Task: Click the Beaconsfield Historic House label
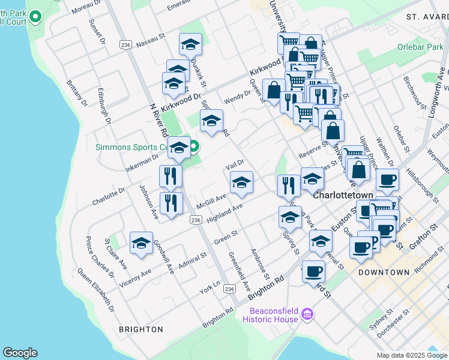coord(270,315)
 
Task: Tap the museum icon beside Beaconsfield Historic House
coord(307,314)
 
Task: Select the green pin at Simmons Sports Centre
coord(194,146)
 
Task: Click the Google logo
coord(20,353)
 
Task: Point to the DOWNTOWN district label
coord(384,272)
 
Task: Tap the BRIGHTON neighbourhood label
coord(141,329)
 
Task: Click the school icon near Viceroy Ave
coord(141,243)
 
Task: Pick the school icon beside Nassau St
coord(190,44)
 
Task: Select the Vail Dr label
coord(235,163)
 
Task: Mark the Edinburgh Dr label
coord(104,107)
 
